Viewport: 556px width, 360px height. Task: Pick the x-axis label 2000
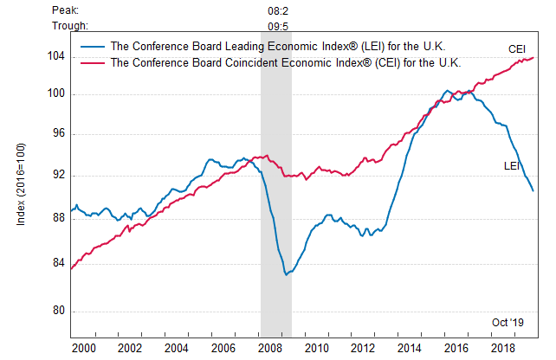(x=83, y=347)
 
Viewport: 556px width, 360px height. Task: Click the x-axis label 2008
(x=268, y=347)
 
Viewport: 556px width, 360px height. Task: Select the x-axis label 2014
(x=409, y=347)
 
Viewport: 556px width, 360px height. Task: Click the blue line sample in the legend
(x=93, y=46)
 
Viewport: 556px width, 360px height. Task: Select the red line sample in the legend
(x=93, y=62)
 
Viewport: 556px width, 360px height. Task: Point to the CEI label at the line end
(x=517, y=49)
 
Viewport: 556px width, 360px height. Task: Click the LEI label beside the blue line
(x=511, y=164)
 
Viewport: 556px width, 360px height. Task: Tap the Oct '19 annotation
(x=508, y=322)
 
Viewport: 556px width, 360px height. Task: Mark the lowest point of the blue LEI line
(x=286, y=274)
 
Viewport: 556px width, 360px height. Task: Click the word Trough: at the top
(x=70, y=26)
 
